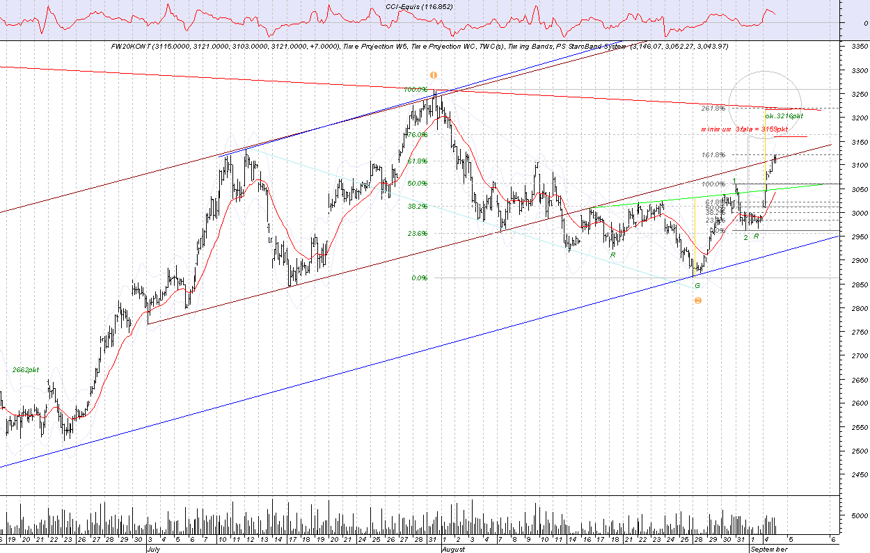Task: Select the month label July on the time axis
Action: tap(155, 549)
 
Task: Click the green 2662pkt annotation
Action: tap(26, 370)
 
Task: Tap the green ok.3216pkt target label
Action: tap(784, 116)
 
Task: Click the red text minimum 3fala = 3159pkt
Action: tap(744, 129)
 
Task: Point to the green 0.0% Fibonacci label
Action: tap(419, 278)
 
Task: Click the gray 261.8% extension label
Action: tap(713, 109)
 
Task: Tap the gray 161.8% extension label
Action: tap(713, 154)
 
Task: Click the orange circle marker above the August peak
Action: tap(433, 75)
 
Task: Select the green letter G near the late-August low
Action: tap(697, 286)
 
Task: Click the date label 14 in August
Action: tap(571, 539)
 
